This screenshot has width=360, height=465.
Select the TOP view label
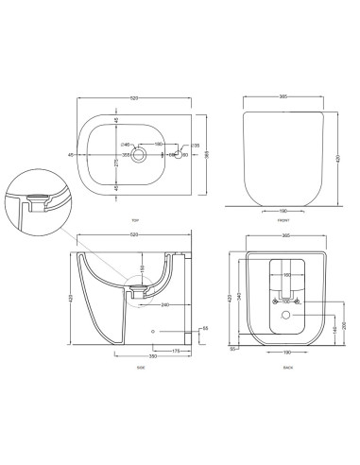[x=138, y=219]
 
